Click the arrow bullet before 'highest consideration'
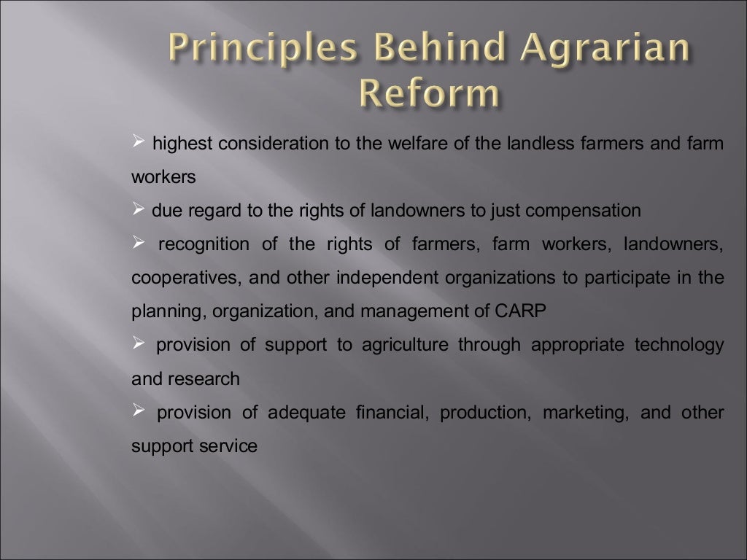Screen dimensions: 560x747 (x=139, y=144)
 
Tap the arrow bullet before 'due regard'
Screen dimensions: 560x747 (x=139, y=211)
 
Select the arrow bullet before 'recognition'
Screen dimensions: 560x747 (x=139, y=244)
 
